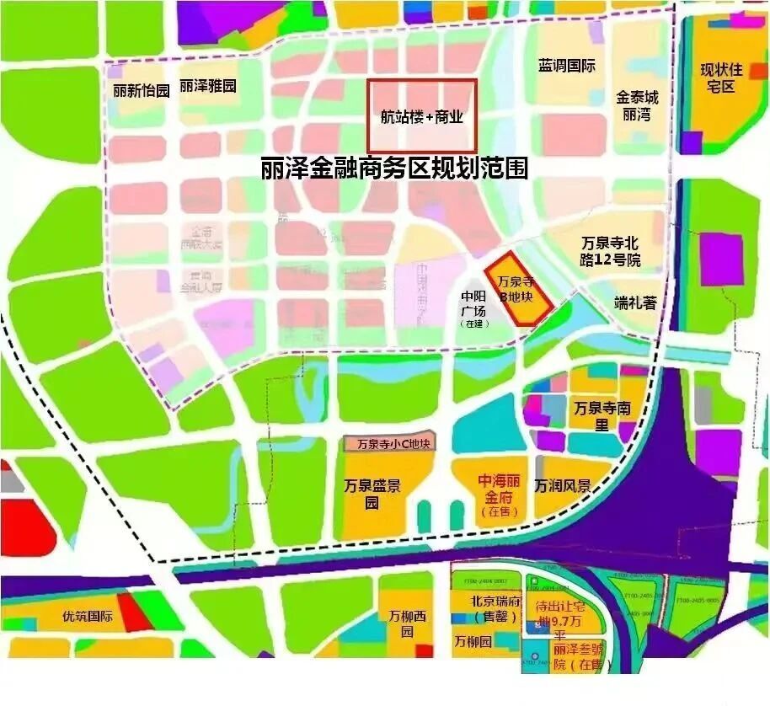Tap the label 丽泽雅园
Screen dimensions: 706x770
click(x=208, y=86)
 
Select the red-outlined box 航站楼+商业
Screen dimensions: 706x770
click(x=421, y=116)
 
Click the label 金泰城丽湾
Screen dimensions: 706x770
click(x=637, y=105)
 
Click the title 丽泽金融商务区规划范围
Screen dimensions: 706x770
click(x=394, y=168)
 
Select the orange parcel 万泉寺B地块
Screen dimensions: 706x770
click(x=516, y=289)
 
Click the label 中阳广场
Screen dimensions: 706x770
click(x=473, y=308)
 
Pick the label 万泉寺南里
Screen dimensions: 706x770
click(x=602, y=415)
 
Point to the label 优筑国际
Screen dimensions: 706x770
click(x=88, y=616)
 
